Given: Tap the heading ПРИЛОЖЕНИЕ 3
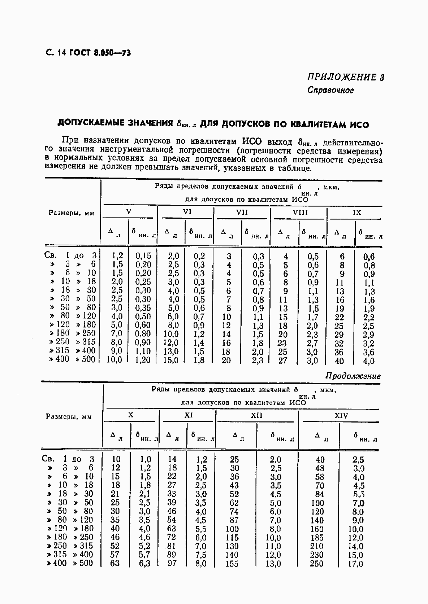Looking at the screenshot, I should (345, 77).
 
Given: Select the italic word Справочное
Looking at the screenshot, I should (330, 90).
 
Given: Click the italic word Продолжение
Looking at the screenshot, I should (353, 376).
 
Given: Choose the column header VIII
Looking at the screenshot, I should (300, 213).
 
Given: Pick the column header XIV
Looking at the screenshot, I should (341, 416).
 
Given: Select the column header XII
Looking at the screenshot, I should (257, 416).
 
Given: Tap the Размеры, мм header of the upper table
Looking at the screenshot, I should (72, 213).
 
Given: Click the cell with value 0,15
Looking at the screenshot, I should (143, 256).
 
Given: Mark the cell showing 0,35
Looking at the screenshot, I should (143, 308).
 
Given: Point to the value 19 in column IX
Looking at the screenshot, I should (340, 308).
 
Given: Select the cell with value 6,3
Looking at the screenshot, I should (144, 563).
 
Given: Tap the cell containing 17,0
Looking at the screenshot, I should (355, 564).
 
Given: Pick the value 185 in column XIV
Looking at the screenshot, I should (317, 538).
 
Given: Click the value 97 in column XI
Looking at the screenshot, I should (172, 563).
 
